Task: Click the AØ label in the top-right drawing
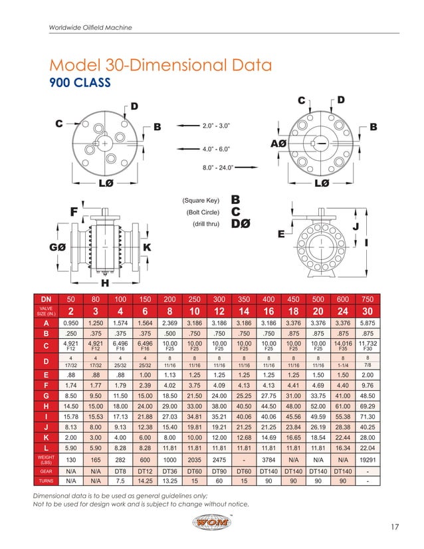[x=279, y=144]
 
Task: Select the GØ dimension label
[x=58, y=247]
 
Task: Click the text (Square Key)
[x=201, y=199]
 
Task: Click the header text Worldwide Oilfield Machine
[x=90, y=27]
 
